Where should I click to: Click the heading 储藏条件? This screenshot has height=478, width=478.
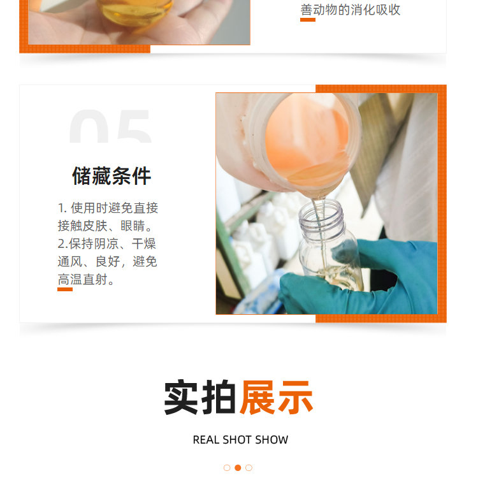(x=112, y=176)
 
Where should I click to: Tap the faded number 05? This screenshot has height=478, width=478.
(x=110, y=127)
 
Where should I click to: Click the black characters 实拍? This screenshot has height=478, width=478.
(x=199, y=398)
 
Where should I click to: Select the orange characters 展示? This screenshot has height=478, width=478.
(x=276, y=398)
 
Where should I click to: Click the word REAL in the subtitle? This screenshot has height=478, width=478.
(x=206, y=440)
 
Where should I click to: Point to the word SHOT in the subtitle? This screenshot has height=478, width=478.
(x=237, y=440)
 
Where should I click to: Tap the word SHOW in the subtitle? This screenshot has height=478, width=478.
(x=272, y=440)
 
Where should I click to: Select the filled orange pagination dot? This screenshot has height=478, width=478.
(x=238, y=468)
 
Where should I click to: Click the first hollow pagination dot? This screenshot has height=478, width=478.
(x=227, y=468)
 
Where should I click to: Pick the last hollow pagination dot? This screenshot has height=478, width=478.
(x=249, y=468)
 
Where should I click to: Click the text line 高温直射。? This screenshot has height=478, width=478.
(x=86, y=279)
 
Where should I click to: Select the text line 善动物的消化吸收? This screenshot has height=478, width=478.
(x=351, y=10)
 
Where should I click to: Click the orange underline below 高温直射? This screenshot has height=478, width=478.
(x=65, y=289)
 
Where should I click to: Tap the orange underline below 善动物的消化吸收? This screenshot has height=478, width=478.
(x=308, y=20)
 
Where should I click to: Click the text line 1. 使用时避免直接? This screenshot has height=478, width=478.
(x=108, y=208)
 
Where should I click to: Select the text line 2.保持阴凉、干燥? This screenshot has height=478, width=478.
(x=106, y=243)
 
